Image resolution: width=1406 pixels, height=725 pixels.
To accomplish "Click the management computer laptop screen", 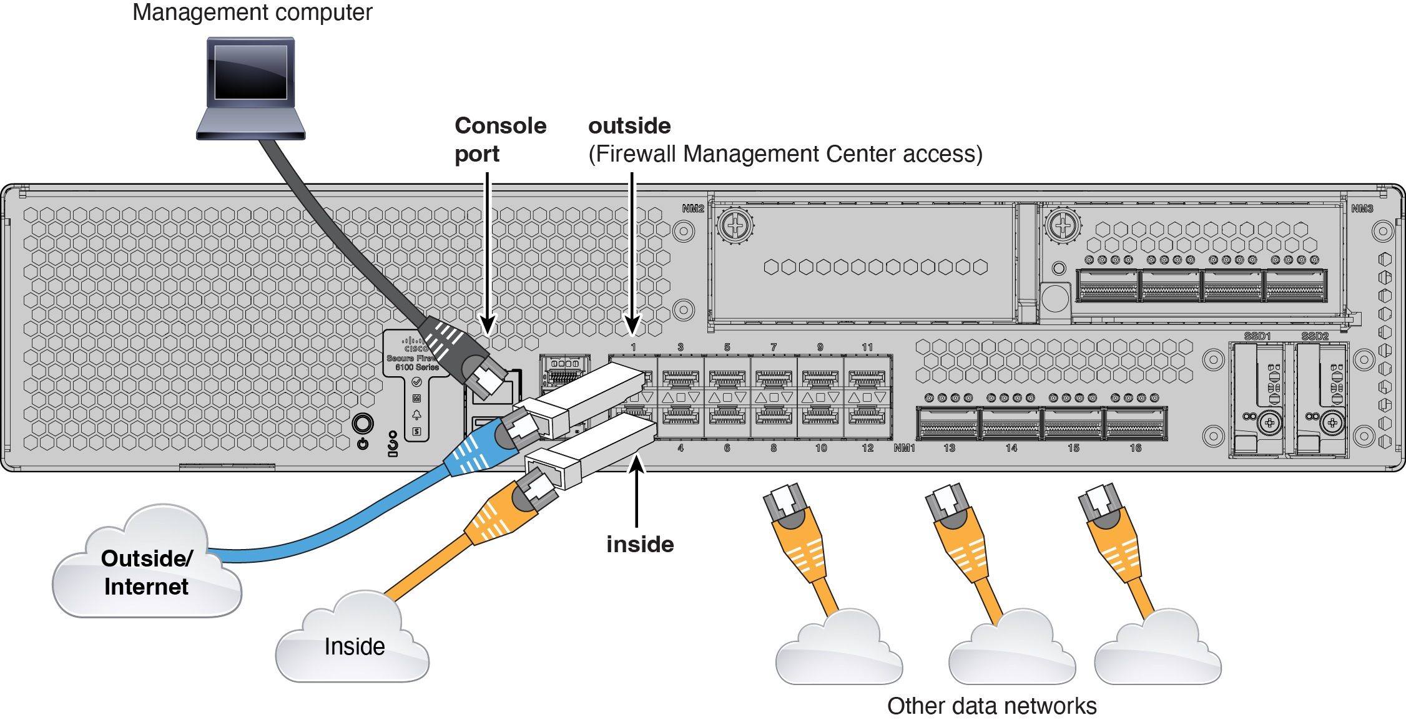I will (250, 72).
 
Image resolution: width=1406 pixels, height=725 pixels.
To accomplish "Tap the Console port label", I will (499, 139).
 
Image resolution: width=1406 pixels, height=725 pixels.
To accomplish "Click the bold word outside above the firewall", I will (629, 126).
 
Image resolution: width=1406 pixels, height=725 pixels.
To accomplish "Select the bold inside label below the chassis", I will (640, 544).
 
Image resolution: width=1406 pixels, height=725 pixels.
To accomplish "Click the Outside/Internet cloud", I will (146, 571).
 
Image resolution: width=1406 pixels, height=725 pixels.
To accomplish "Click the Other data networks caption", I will (991, 706).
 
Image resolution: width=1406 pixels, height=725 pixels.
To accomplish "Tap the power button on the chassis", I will (363, 424).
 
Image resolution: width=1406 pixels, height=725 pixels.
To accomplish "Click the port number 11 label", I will (867, 347).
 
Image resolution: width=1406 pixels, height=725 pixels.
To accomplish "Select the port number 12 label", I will (867, 448).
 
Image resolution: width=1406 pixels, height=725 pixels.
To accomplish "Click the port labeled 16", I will (1135, 424).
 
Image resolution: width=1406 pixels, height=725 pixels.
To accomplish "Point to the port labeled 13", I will (948, 424).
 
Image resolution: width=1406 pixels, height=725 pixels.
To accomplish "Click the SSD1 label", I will (1257, 336).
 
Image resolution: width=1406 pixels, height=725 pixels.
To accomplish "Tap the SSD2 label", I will (1314, 336).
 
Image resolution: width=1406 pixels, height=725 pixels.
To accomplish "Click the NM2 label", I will (692, 208).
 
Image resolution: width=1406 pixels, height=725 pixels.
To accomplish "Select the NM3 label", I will (1362, 208).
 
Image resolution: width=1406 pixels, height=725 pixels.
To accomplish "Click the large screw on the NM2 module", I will (735, 225).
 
